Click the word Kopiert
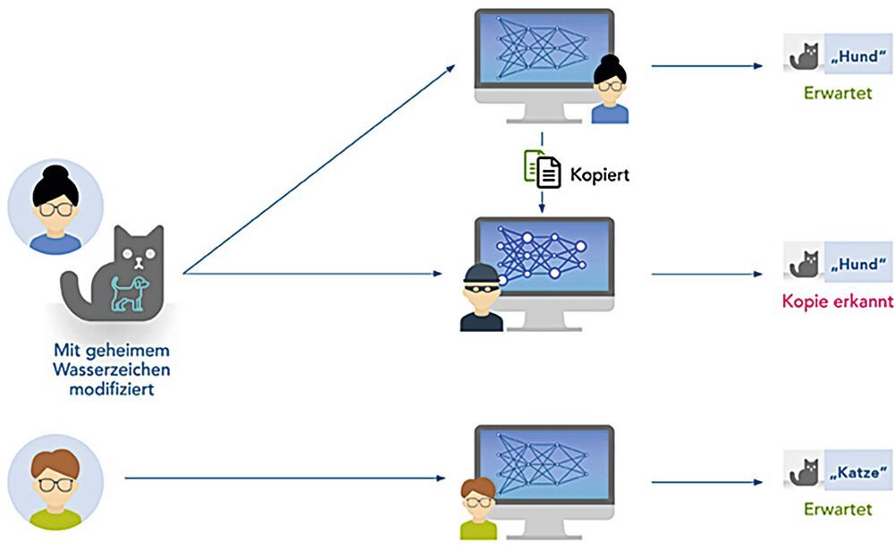(600, 174)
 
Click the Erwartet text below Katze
(838, 509)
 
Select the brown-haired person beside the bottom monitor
(479, 509)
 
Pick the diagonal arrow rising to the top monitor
(322, 166)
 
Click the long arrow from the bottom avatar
(286, 478)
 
